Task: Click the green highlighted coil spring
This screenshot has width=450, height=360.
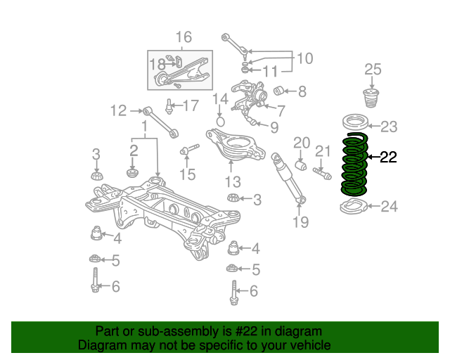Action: pyautogui.click(x=354, y=165)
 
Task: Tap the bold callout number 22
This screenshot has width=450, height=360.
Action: pyautogui.click(x=388, y=157)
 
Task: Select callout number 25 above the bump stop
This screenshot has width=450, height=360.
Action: pyautogui.click(x=373, y=70)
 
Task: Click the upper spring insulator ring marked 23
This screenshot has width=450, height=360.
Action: pyautogui.click(x=355, y=122)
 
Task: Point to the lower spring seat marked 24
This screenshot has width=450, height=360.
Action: pyautogui.click(x=354, y=207)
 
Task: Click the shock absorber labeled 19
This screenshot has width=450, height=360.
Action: pyautogui.click(x=289, y=178)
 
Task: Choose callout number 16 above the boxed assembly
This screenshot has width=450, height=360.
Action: pyautogui.click(x=184, y=37)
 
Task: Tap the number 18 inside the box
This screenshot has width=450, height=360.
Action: pyautogui.click(x=157, y=64)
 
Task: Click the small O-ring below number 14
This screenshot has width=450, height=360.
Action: pyautogui.click(x=220, y=121)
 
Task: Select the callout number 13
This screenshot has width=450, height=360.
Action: pyautogui.click(x=233, y=181)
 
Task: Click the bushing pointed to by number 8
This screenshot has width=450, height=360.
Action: pyautogui.click(x=278, y=91)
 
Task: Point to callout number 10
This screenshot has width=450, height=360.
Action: pyautogui.click(x=304, y=58)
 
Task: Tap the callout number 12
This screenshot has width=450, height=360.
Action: pyautogui.click(x=119, y=111)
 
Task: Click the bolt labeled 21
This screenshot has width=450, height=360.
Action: pyautogui.click(x=322, y=174)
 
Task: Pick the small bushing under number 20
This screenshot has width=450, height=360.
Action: pyautogui.click(x=300, y=166)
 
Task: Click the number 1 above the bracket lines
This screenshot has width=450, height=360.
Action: pyautogui.click(x=145, y=127)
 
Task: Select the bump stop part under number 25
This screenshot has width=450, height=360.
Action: pyautogui.click(x=371, y=98)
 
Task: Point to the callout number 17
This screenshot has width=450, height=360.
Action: pyautogui.click(x=191, y=105)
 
